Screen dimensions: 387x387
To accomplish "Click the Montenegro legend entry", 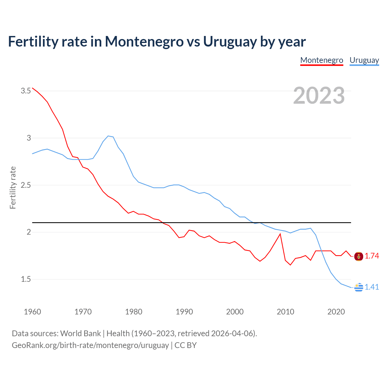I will pyautogui.click(x=322, y=60).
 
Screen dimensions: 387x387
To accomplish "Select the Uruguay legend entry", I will pyautogui.click(x=364, y=60).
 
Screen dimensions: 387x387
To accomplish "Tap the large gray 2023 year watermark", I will pyautogui.click(x=319, y=96).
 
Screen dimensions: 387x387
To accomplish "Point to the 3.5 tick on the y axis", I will pyautogui.click(x=26, y=91).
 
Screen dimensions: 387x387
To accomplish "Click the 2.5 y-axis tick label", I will pyautogui.click(x=26, y=185).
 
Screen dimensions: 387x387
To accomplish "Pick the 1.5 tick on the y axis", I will pyautogui.click(x=26, y=279).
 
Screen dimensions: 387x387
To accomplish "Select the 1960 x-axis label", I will pyautogui.click(x=32, y=312).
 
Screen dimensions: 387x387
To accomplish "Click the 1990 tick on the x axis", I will pyautogui.click(x=184, y=312).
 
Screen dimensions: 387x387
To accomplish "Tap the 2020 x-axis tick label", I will pyautogui.click(x=336, y=312).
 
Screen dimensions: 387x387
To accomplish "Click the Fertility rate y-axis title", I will pyautogui.click(x=13, y=187).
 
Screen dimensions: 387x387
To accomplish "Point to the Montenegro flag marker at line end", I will pyautogui.click(x=359, y=256).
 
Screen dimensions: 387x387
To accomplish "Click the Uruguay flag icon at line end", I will pyautogui.click(x=359, y=287).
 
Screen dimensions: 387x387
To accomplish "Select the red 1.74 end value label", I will pyautogui.click(x=372, y=256).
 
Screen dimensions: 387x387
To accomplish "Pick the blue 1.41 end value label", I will pyautogui.click(x=372, y=287).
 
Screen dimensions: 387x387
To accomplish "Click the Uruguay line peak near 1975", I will pyautogui.click(x=108, y=136).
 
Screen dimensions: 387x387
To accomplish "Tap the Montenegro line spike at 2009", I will pyautogui.click(x=280, y=234).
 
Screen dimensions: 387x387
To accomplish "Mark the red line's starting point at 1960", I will pyautogui.click(x=33, y=88).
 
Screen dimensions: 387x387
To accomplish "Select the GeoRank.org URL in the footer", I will pyautogui.click(x=90, y=345).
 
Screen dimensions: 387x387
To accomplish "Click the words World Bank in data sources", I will pyautogui.click(x=80, y=333).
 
